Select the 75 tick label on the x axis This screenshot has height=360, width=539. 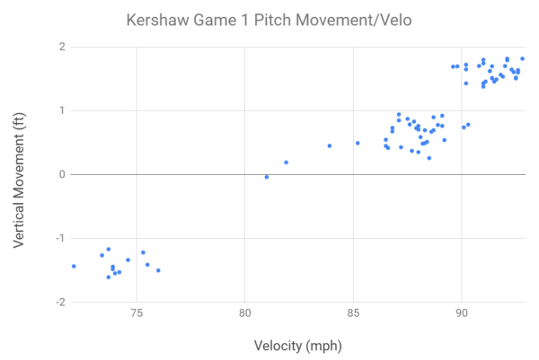[137, 314]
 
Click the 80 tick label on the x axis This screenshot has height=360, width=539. [244, 314]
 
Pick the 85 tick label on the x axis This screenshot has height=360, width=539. [353, 314]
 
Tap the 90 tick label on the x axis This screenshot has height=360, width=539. [461, 314]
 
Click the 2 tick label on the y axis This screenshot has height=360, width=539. [61, 47]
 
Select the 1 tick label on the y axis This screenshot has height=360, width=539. [61, 110]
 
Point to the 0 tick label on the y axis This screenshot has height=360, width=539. [61, 174]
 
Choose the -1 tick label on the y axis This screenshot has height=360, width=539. [59, 238]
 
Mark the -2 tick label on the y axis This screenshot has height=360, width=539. [59, 302]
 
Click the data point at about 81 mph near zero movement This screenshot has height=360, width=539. [267, 177]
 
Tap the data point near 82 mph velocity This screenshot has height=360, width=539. [286, 162]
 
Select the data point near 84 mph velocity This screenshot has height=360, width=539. [330, 145]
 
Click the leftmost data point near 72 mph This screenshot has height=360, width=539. [74, 266]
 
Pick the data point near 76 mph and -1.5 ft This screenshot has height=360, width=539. [158, 270]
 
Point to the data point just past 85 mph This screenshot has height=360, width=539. [358, 143]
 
